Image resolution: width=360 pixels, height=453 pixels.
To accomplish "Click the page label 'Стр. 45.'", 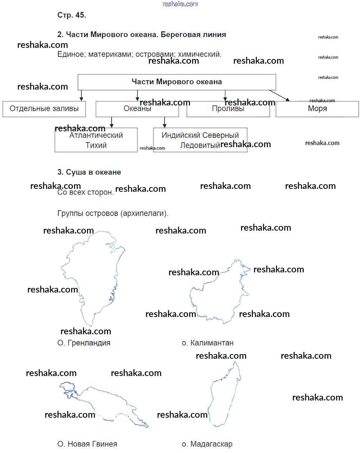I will point(72,15).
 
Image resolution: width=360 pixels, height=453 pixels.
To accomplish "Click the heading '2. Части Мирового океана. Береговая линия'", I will point(141,35).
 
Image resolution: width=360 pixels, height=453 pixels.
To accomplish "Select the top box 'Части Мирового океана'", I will point(177,82).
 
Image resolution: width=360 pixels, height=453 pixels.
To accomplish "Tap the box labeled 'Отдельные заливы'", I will point(44,109).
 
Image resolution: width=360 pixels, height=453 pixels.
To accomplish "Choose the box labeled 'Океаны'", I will point(137,109).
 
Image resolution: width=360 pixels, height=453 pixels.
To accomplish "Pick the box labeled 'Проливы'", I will point(228,109).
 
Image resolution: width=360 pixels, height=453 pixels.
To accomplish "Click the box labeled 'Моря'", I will point(317,109).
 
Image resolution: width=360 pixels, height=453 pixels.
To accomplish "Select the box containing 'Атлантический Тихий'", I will point(96,140).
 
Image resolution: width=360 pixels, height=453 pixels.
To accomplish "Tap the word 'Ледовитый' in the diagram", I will point(200,145).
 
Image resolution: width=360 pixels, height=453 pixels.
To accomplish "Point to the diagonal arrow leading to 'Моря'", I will point(279,95).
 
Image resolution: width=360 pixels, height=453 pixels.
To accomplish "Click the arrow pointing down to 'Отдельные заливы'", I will point(81,95).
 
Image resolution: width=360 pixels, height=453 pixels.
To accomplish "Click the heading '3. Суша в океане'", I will point(89,172).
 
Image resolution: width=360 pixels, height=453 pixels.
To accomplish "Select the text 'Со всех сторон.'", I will point(85,192).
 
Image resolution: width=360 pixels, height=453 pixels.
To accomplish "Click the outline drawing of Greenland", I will point(94,273).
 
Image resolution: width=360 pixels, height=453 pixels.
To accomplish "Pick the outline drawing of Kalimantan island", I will point(218,295).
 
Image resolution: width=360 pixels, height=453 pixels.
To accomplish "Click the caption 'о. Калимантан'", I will point(208,343).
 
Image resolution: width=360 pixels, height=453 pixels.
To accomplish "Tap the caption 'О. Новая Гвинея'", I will point(87,444).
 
